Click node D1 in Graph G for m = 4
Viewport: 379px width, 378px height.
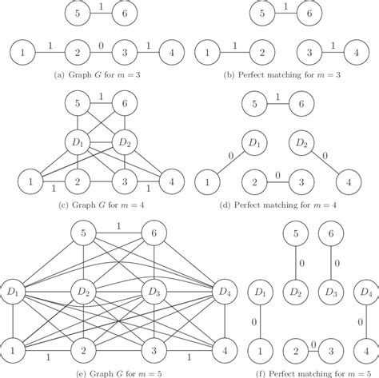coord(77,145)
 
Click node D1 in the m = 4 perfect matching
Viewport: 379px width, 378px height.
coord(255,144)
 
